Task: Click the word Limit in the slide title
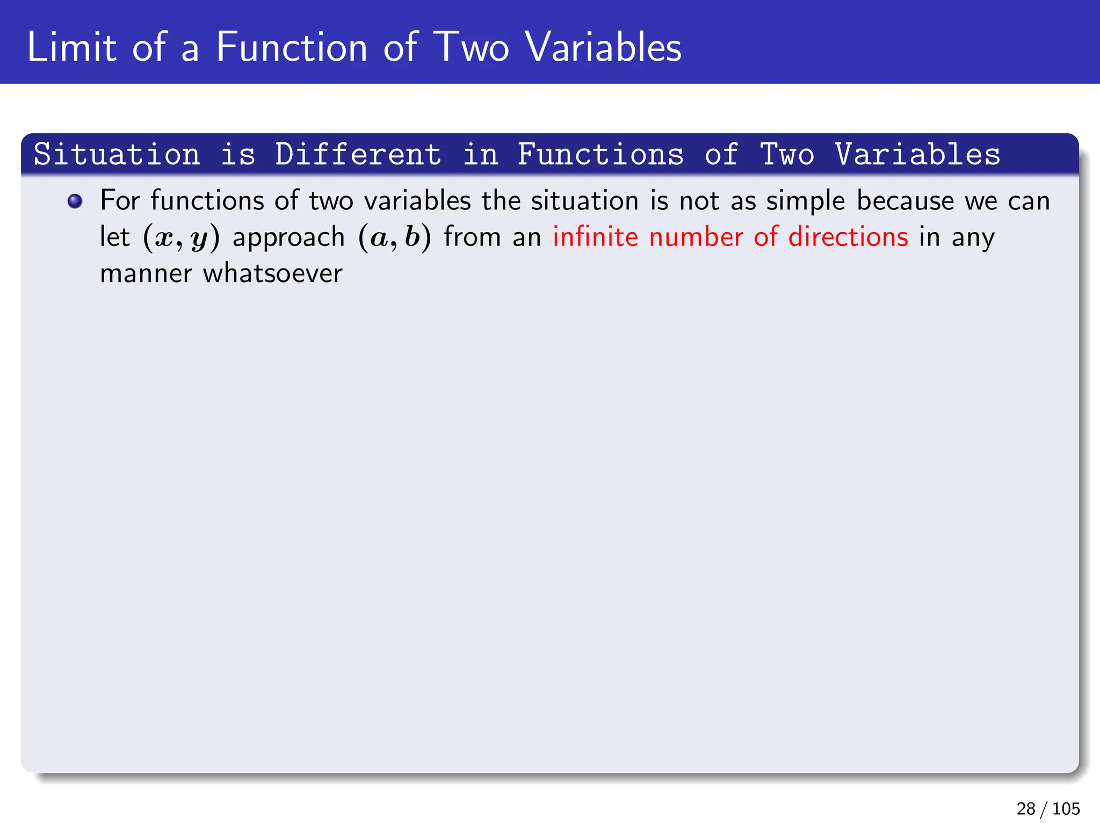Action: pyautogui.click(x=71, y=47)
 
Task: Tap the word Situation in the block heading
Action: pyautogui.click(x=117, y=155)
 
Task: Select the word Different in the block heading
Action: pyautogui.click(x=358, y=155)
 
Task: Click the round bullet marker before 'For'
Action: pyautogui.click(x=75, y=201)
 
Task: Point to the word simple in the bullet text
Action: pyautogui.click(x=805, y=201)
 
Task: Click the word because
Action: pyautogui.click(x=906, y=200)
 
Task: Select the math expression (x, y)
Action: pyautogui.click(x=182, y=237)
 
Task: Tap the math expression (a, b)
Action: pyautogui.click(x=395, y=237)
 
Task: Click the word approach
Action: pyautogui.click(x=288, y=238)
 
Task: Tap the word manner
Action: pyautogui.click(x=146, y=273)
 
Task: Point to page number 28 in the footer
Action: pyautogui.click(x=1026, y=808)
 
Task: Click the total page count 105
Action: pyautogui.click(x=1066, y=808)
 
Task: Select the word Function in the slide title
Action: pyautogui.click(x=292, y=47)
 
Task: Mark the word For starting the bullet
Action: pyautogui.click(x=120, y=200)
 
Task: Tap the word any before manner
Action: pyautogui.click(x=973, y=237)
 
